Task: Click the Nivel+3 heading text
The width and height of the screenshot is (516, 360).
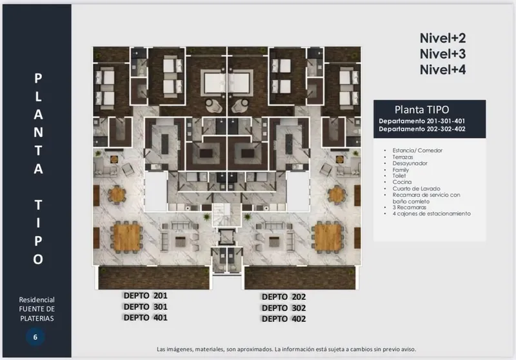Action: tap(442, 54)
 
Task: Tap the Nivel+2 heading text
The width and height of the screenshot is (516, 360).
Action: tap(442, 38)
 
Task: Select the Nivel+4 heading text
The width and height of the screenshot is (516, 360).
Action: tap(442, 70)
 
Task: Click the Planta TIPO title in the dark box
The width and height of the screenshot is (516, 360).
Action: tap(422, 110)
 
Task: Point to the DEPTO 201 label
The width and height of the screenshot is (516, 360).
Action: tap(146, 295)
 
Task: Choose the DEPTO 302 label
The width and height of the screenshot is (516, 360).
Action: tap(284, 308)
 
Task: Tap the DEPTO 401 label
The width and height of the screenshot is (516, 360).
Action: tap(146, 317)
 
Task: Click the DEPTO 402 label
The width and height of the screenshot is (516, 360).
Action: tap(284, 319)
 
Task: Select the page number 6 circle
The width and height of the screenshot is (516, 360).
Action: tap(35, 337)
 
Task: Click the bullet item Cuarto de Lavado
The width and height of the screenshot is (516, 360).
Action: tap(416, 188)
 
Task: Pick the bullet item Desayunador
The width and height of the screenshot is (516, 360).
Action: tap(410, 163)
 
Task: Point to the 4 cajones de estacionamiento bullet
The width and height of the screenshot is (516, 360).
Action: tap(432, 214)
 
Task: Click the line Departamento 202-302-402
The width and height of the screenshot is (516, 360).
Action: tap(422, 129)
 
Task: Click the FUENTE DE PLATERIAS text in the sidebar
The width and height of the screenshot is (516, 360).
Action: tap(37, 314)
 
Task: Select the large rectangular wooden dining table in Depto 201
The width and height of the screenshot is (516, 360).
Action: tap(127, 237)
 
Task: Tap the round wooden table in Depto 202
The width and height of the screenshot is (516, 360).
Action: tap(337, 194)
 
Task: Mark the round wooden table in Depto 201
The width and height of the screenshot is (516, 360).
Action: tap(117, 194)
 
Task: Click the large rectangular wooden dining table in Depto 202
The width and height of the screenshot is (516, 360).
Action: tap(328, 237)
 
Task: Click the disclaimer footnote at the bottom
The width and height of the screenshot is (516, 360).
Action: tap(286, 349)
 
